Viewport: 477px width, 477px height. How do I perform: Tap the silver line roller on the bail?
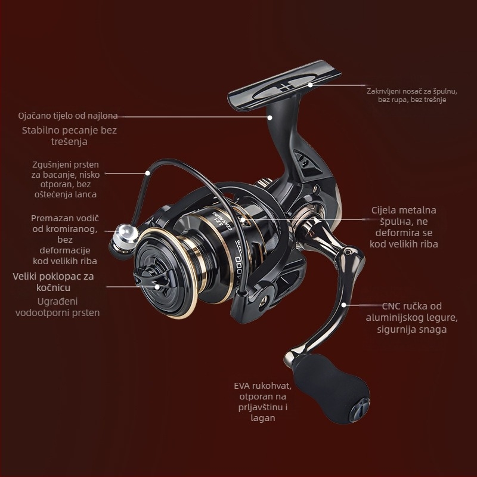click(x=124, y=238)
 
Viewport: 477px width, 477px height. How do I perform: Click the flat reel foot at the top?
click(x=284, y=85)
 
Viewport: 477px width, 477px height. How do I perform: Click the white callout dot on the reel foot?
click(x=310, y=85)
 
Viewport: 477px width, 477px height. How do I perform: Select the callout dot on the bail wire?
click(x=147, y=173)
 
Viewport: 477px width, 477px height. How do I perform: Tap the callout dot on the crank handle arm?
click(x=343, y=305)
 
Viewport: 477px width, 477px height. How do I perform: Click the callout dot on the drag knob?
click(x=157, y=287)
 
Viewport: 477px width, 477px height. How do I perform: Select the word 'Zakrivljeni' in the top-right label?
click(x=385, y=91)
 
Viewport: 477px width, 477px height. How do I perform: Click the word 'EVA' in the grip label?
click(x=242, y=386)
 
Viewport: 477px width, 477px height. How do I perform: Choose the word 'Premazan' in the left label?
click(x=48, y=218)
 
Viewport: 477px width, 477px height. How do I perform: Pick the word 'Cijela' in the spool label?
click(x=383, y=210)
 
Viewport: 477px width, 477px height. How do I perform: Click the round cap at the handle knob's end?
click(x=360, y=410)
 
